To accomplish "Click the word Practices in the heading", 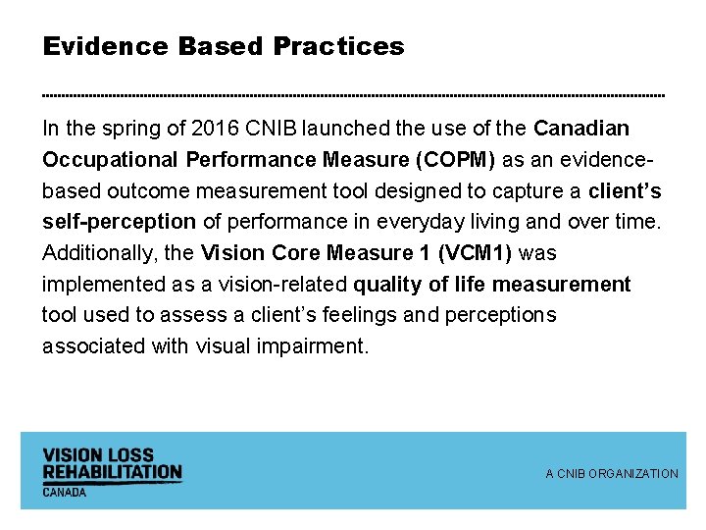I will pyautogui.click(x=338, y=46).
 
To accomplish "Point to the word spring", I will pyautogui.click(x=133, y=129).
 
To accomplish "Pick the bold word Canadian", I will pyautogui.click(x=581, y=129).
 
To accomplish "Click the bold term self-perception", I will pyautogui.click(x=119, y=222).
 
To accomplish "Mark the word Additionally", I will pyautogui.click(x=100, y=253).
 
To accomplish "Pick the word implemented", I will pyautogui.click(x=98, y=285).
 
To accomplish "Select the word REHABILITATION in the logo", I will pyautogui.click(x=112, y=472).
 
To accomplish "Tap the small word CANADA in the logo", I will pyautogui.click(x=64, y=492).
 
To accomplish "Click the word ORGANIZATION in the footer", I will pyautogui.click(x=633, y=474).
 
